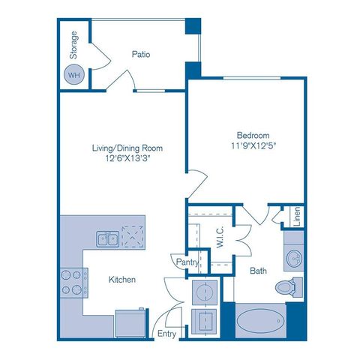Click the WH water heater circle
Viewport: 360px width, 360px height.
(73, 75)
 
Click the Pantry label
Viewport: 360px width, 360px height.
(187, 262)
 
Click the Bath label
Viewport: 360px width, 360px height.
(259, 270)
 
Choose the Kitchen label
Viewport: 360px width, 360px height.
(121, 280)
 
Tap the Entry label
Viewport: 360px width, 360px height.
(166, 334)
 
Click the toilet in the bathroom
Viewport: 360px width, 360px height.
(286, 286)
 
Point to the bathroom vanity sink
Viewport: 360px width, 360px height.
(293, 259)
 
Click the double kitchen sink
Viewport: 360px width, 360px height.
(106, 238)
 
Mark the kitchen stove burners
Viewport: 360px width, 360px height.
(71, 282)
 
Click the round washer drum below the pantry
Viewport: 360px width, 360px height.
(204, 291)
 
